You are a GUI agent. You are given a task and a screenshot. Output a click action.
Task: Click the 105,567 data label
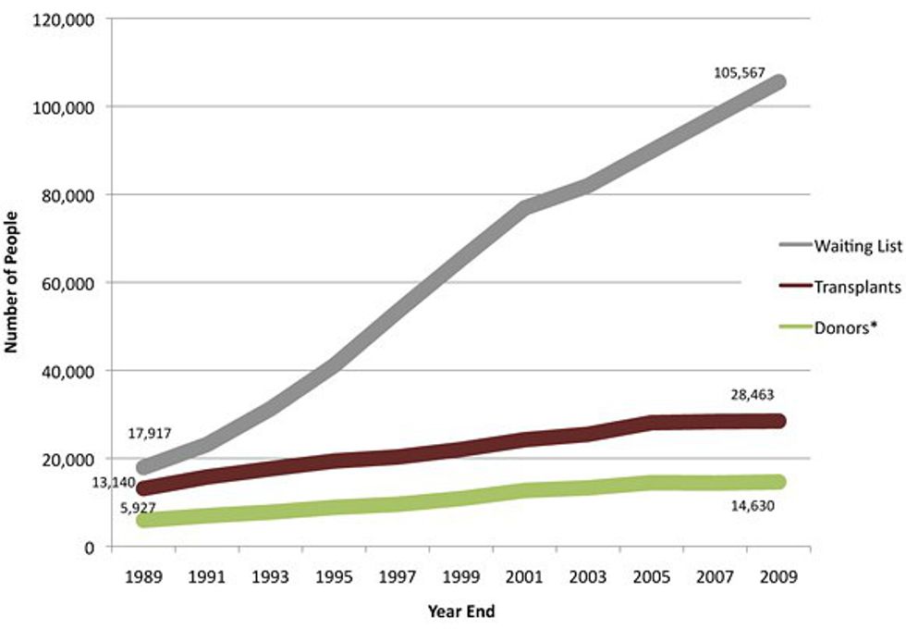pyautogui.click(x=740, y=71)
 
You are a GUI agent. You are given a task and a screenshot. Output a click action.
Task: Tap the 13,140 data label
pyautogui.click(x=112, y=482)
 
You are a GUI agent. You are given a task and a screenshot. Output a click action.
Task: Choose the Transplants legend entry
pyautogui.click(x=857, y=287)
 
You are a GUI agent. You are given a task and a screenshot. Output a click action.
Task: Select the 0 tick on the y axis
pyautogui.click(x=89, y=547)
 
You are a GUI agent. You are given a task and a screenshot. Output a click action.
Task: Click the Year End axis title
pyautogui.click(x=459, y=610)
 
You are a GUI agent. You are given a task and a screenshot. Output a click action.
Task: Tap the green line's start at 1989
pyautogui.click(x=143, y=520)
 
